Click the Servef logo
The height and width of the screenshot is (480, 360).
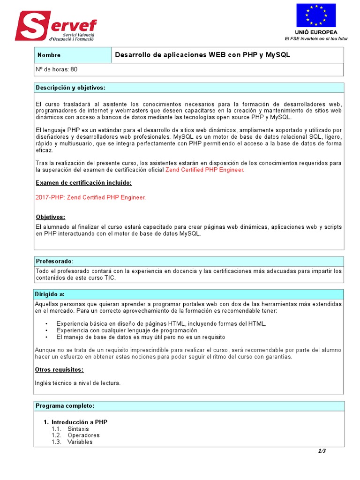(55, 26)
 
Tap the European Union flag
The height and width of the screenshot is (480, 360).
(315, 15)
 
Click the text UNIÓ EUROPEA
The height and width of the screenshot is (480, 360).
(316, 32)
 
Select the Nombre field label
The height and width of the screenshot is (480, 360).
(49, 55)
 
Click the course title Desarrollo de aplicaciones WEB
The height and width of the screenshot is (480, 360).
(202, 55)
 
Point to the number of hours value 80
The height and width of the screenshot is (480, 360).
(74, 69)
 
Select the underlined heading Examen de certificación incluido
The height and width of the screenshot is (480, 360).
(84, 183)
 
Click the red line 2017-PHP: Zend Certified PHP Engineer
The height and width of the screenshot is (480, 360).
(91, 197)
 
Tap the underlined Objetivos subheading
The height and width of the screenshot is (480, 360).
(51, 217)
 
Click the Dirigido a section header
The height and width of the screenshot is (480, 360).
(50, 294)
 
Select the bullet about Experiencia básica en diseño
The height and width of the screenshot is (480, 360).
(161, 323)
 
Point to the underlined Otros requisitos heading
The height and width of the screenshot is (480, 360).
(59, 370)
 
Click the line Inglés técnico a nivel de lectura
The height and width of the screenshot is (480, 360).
(78, 383)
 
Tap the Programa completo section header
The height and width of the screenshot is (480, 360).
(65, 405)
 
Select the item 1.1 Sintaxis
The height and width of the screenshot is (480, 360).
(78, 429)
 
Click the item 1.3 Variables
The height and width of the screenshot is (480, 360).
(80, 442)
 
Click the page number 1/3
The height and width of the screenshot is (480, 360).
(322, 451)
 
